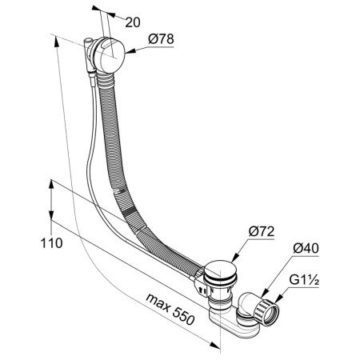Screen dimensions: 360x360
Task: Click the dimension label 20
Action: [x=133, y=22]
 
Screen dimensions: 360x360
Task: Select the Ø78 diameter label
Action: [x=161, y=39]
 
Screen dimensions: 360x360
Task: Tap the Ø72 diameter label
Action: [x=262, y=231]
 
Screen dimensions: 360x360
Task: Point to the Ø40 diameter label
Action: [x=306, y=249]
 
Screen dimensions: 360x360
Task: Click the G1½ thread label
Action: [x=304, y=280]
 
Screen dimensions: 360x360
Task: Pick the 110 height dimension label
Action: [x=51, y=243]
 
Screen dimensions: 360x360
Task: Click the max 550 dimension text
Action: [x=170, y=310]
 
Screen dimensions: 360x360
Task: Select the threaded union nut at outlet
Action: [x=266, y=311]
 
